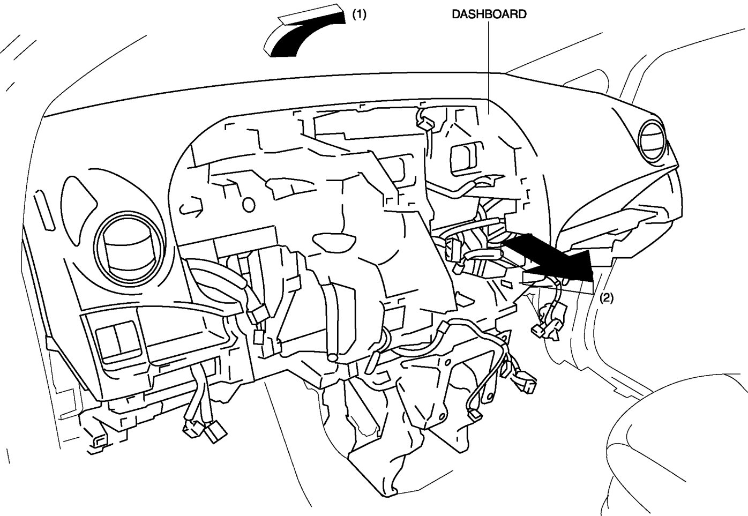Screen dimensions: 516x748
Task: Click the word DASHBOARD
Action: point(489,14)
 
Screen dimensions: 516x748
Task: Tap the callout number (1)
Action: point(358,15)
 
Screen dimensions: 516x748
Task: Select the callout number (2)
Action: point(606,298)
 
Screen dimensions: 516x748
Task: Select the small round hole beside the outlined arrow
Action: point(248,204)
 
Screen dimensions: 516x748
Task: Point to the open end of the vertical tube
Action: point(333,355)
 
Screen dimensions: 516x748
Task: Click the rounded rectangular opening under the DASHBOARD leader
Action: point(466,159)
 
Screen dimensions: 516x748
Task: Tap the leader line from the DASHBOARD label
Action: point(489,64)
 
